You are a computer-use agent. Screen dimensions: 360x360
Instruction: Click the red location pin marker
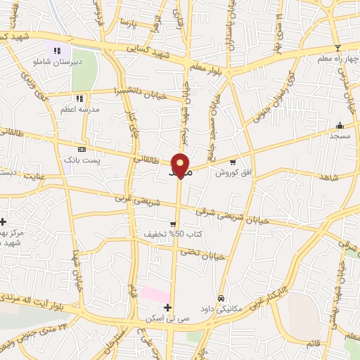[181, 165]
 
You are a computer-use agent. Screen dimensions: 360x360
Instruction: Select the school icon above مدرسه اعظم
[79, 98]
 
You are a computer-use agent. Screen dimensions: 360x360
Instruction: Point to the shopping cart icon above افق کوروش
[243, 161]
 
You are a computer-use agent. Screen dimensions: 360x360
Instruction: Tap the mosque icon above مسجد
[340, 125]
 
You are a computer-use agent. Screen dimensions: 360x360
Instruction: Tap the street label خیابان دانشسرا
[144, 90]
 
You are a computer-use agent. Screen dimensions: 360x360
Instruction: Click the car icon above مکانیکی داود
[222, 298]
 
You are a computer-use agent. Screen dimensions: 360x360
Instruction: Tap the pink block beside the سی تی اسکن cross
[155, 295]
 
